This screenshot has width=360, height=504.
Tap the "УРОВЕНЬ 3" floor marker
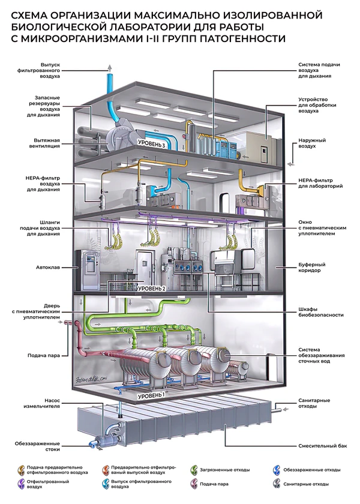click(x=151, y=145)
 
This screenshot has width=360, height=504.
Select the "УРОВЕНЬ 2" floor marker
click(x=151, y=289)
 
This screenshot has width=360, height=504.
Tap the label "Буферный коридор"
click(x=313, y=267)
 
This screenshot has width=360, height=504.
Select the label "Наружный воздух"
click(x=313, y=144)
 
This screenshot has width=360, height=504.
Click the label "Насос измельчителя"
click(x=43, y=403)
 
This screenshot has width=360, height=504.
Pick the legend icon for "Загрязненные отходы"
click(x=194, y=470)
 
